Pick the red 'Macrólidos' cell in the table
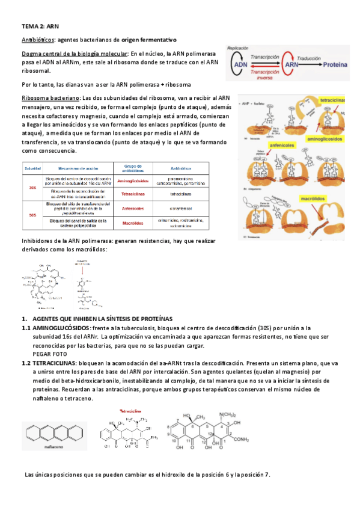click(x=132, y=223)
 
